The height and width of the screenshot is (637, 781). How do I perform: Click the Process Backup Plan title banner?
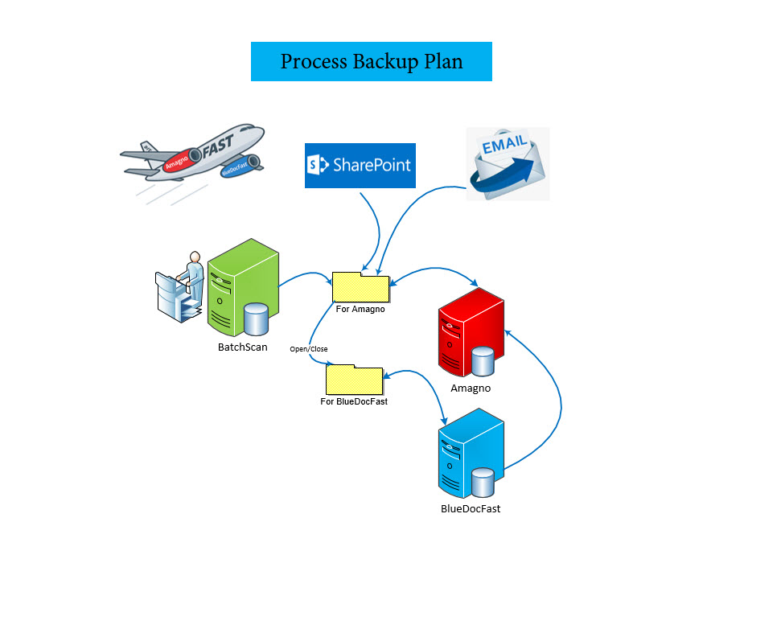371,62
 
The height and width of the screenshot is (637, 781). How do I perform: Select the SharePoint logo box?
360,166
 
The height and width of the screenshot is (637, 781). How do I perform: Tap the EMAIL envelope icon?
508,163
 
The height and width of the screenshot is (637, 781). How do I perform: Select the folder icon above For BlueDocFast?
354,380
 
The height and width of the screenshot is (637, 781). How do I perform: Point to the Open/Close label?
309,349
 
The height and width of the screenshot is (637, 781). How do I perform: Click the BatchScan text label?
242,347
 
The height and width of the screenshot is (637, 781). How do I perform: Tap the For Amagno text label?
360,309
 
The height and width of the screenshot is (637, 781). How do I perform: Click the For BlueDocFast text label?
354,401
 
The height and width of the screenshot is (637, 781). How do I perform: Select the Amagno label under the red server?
470,388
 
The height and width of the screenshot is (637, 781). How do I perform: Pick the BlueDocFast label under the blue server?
471,508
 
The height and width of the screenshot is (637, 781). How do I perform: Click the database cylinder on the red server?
483,361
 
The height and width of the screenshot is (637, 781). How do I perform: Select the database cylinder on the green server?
256,319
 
